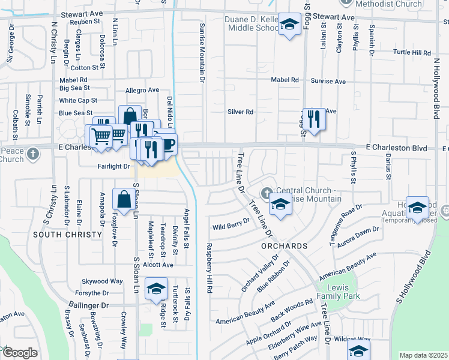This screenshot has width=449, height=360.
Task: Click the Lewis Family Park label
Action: coord(337,292)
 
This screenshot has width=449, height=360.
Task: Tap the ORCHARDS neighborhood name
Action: coord(284,246)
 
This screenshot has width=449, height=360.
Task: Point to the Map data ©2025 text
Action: coord(423,355)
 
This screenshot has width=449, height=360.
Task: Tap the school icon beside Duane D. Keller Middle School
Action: coord(290,25)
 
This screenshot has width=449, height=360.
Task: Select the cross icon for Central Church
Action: coord(266,193)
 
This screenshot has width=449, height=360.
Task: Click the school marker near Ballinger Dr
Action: coord(156,290)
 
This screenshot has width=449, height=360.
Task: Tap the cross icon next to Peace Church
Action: coord(34,155)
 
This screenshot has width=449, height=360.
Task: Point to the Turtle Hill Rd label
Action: coord(412,53)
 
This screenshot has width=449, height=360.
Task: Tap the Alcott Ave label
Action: coord(158,265)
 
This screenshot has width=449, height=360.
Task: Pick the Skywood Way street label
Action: coord(103,281)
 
